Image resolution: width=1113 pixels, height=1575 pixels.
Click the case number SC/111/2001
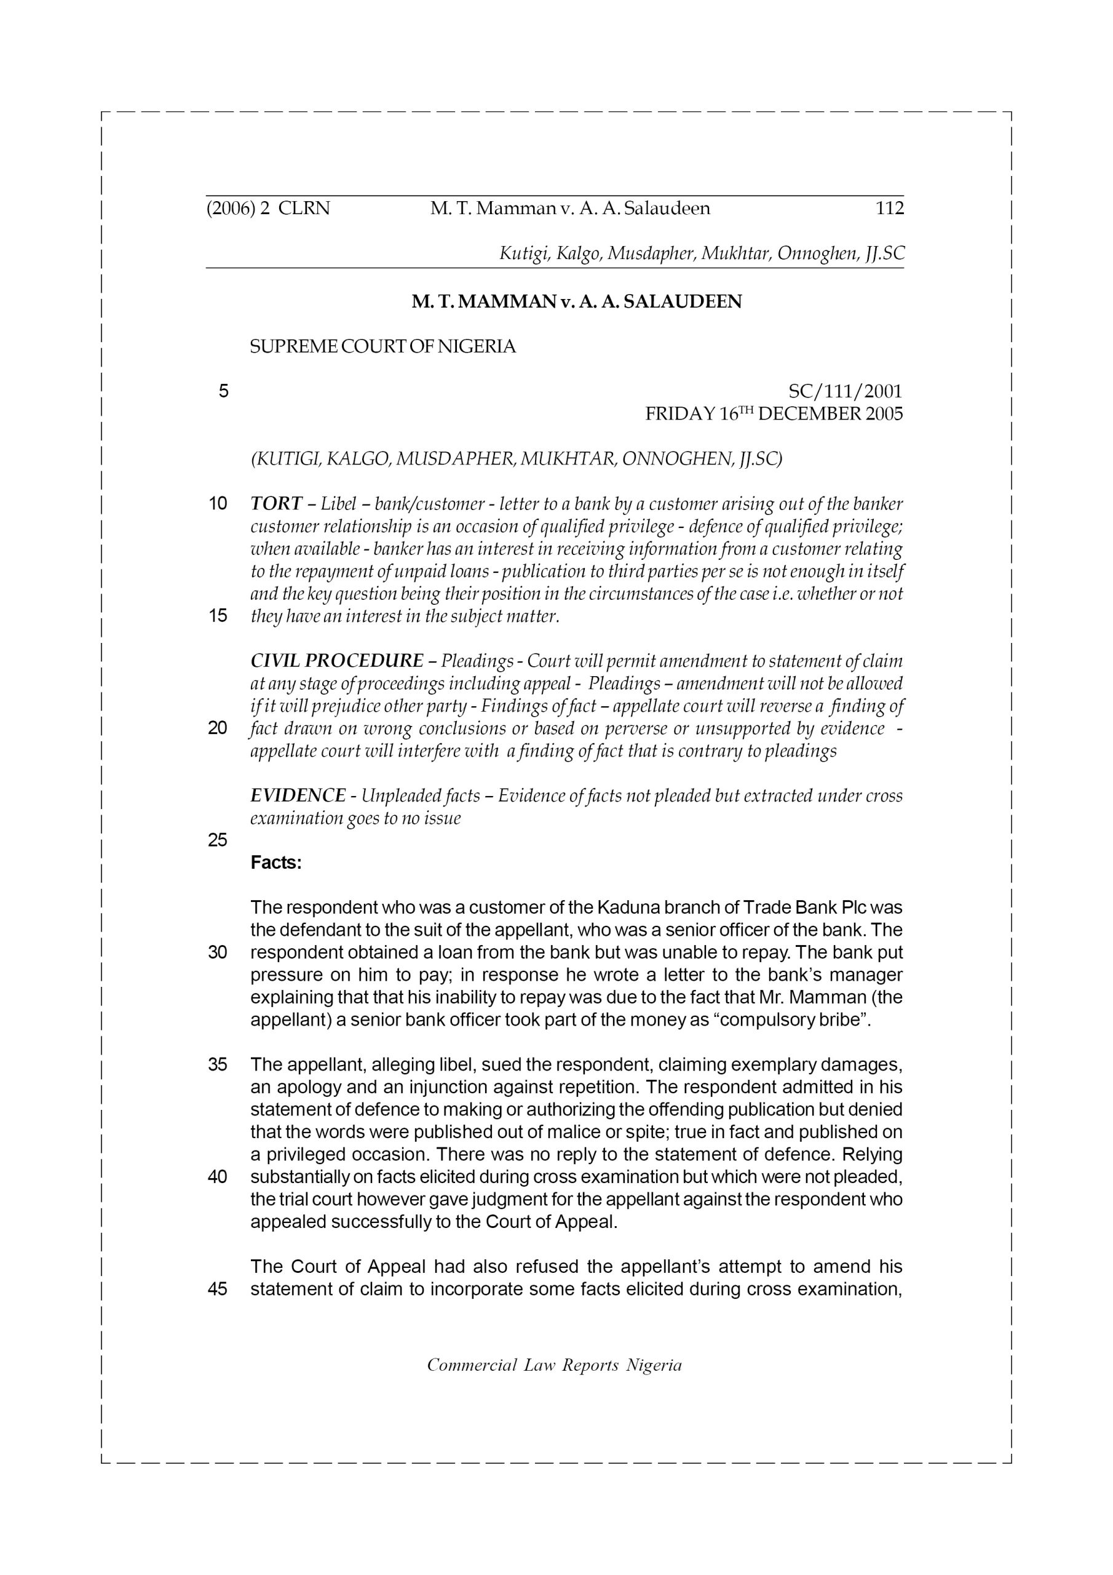[845, 392]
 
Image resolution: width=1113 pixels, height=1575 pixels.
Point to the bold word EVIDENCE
[298, 795]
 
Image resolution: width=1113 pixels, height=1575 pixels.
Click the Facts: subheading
[275, 863]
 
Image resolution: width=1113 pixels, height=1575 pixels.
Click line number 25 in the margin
[218, 840]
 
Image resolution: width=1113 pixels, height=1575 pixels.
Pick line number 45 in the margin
[218, 1289]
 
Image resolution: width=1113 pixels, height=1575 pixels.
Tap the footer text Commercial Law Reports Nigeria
[554, 1365]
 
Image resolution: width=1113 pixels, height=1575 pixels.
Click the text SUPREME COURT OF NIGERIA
[382, 347]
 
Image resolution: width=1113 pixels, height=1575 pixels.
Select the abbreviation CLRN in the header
[304, 209]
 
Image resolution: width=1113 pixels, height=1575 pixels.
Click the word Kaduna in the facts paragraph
[629, 907]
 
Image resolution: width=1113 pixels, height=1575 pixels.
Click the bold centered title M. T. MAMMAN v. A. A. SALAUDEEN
[576, 302]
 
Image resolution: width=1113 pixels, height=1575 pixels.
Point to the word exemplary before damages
[773, 1064]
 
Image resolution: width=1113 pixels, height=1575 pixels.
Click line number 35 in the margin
[218, 1064]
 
